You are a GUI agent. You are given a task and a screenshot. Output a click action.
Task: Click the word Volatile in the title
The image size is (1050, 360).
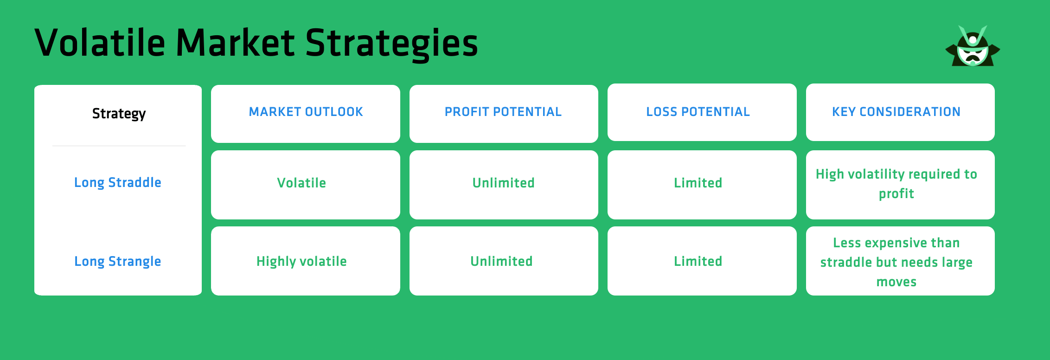click(x=100, y=43)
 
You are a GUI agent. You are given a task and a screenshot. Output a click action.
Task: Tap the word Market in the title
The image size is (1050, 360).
click(x=235, y=43)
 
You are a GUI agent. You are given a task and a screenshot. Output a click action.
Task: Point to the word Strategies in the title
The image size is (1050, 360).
click(x=391, y=43)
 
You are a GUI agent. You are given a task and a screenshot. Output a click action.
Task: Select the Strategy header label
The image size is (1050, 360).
click(x=119, y=114)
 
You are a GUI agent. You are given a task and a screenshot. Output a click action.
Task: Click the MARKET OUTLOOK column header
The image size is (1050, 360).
click(x=306, y=112)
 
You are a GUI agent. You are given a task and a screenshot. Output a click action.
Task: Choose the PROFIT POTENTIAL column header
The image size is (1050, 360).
click(x=503, y=112)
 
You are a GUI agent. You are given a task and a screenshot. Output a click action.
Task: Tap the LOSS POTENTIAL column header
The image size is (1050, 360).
click(x=698, y=112)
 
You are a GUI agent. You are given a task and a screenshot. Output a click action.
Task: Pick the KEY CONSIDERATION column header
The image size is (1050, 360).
click(x=896, y=112)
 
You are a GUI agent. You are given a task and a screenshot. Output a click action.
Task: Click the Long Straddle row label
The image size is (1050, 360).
click(x=118, y=183)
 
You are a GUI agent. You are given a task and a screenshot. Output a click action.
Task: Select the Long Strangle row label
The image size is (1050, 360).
click(x=118, y=262)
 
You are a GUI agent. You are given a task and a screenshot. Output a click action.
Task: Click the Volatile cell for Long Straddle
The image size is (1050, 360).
click(x=301, y=183)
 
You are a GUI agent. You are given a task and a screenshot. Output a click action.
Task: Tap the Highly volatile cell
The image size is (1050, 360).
click(x=301, y=262)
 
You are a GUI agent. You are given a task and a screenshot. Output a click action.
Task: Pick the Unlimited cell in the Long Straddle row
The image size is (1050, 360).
click(x=503, y=183)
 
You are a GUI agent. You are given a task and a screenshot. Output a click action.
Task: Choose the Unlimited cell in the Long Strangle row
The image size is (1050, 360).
click(x=501, y=262)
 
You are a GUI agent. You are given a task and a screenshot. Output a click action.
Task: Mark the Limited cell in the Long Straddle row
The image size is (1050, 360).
click(x=698, y=183)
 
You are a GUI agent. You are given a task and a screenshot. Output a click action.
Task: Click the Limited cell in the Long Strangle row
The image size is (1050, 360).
click(x=698, y=262)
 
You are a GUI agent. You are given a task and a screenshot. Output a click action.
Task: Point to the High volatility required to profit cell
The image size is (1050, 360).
click(x=896, y=184)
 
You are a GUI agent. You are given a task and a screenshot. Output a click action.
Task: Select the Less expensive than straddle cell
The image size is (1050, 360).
click(x=896, y=262)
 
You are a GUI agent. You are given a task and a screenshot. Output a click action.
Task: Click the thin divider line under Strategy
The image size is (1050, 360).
click(x=119, y=146)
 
